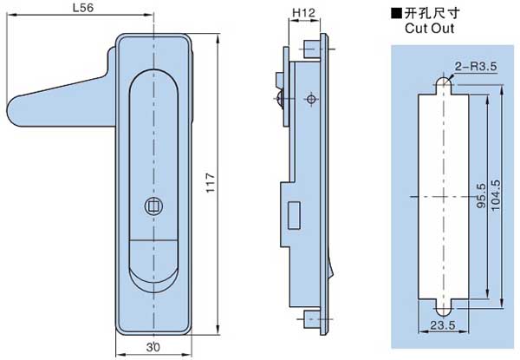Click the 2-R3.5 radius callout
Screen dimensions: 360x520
coord(474,64)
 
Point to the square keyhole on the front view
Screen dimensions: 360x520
coord(153,206)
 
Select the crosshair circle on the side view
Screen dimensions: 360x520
coord(310,100)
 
